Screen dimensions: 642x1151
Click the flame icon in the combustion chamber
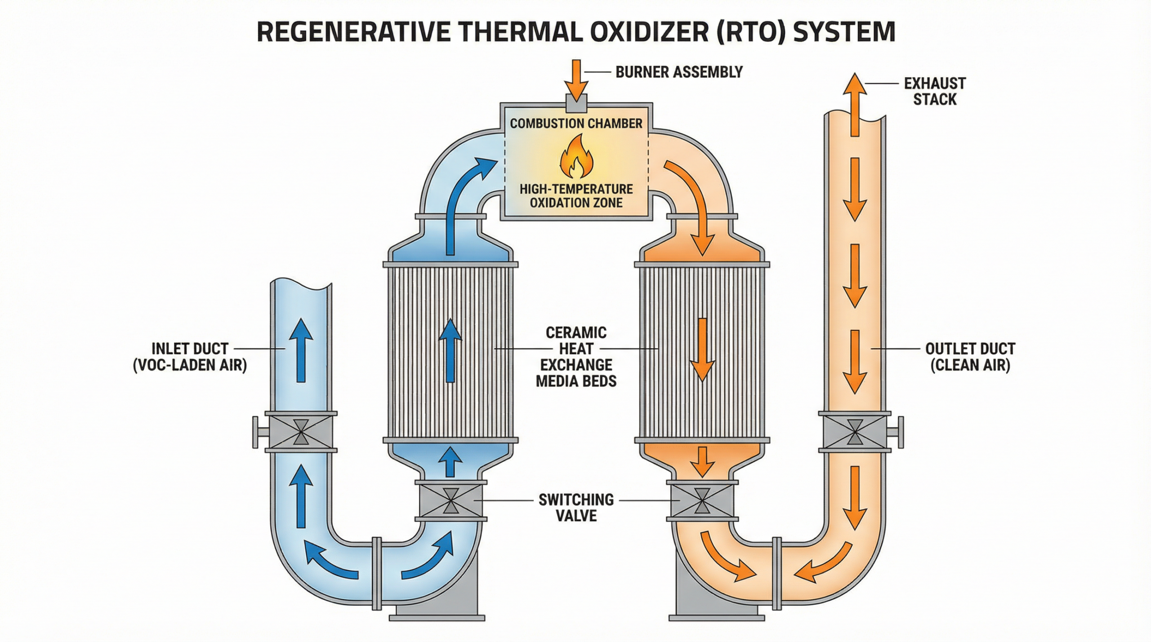576,158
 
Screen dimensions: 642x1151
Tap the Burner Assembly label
679,72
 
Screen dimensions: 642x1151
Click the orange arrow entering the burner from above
577,79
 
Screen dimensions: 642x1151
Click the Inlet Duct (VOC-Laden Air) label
190,357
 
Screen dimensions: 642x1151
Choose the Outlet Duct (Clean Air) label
970,357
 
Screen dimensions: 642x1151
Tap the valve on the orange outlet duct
854,432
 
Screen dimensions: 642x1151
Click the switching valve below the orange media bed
702,500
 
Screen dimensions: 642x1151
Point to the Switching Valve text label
576,507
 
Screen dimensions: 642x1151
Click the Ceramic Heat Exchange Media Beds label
576,357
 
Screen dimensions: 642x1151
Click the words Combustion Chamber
576,124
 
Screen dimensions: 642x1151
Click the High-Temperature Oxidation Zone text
576,195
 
